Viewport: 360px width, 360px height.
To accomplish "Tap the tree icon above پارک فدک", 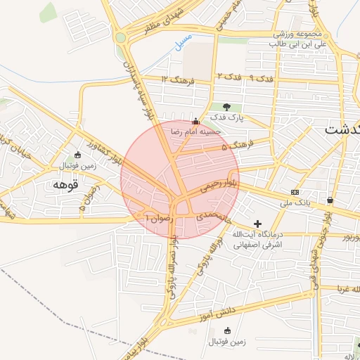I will pos(226,106).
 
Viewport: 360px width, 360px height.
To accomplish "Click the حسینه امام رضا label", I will pos(193,131).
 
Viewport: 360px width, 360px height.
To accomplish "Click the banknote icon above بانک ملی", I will pos(294,193).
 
